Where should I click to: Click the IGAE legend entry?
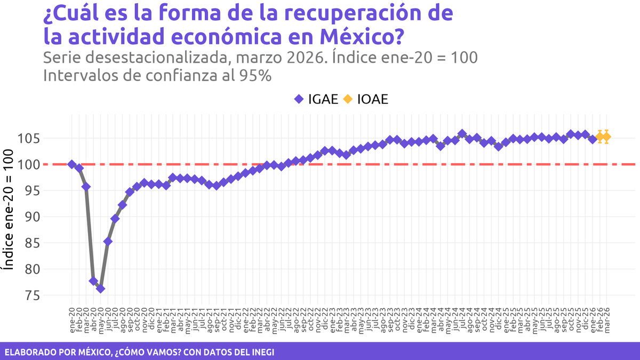coord(316,99)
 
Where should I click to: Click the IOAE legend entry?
coord(365,99)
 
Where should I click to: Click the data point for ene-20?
coord(72,164)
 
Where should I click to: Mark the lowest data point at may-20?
coord(100,289)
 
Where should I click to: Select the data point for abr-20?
coord(93,281)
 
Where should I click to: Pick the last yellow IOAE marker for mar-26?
coord(606,137)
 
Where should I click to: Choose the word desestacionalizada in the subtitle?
coord(160,57)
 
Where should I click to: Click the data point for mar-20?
coord(86,187)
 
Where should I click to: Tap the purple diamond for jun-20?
coord(108,241)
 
